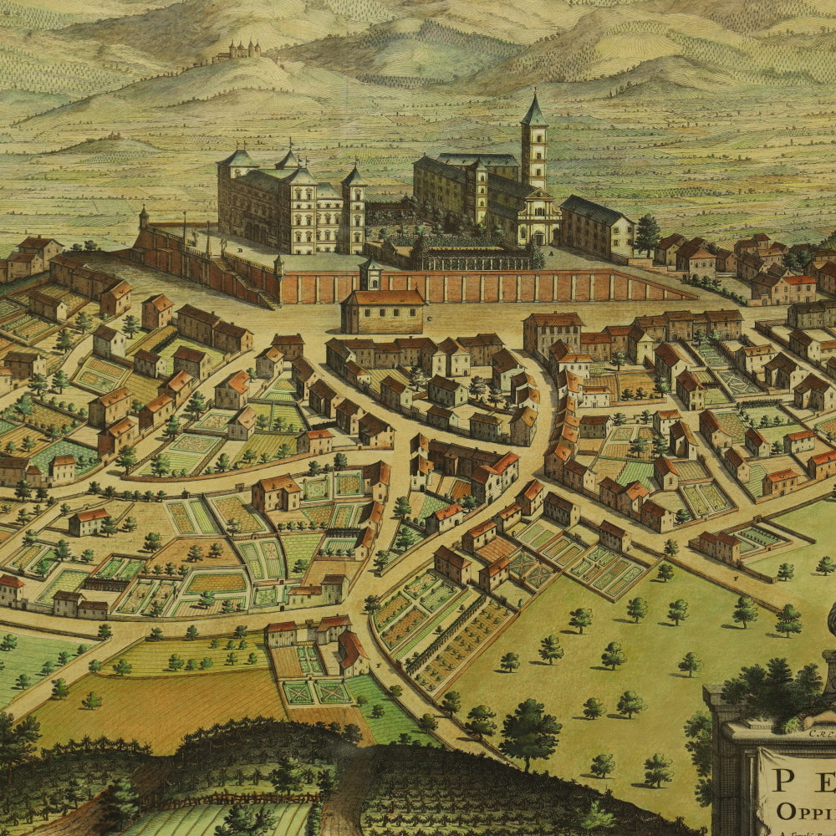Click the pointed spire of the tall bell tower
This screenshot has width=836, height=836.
533,107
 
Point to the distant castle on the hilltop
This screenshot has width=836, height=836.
237,52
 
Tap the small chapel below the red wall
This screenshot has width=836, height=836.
383,310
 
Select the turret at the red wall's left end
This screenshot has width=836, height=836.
144,219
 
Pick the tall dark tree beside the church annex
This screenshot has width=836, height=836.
646,234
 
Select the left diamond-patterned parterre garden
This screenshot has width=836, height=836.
298,692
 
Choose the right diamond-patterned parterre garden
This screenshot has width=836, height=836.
332,692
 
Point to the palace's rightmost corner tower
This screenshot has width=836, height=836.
354,205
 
